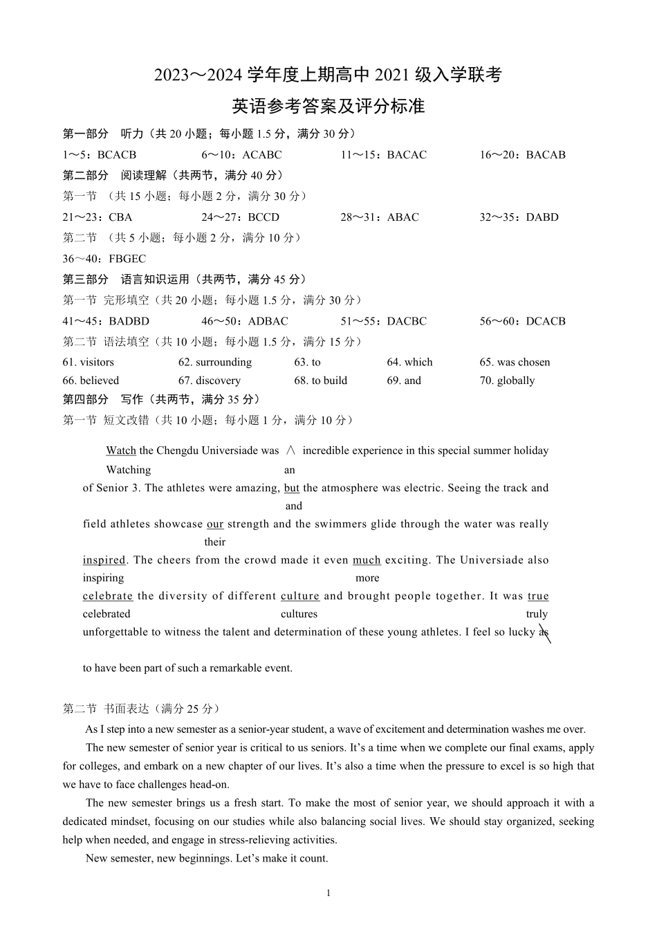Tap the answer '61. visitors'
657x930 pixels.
click(x=88, y=362)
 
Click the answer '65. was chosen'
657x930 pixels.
click(x=515, y=362)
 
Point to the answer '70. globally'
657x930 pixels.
click(x=507, y=381)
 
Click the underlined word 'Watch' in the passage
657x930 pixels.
click(x=121, y=450)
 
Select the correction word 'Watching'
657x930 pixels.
click(x=128, y=470)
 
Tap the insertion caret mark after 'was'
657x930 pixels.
click(x=290, y=450)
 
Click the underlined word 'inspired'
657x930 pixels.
click(x=104, y=560)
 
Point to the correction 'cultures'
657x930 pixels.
click(x=299, y=614)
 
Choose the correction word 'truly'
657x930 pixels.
click(x=537, y=614)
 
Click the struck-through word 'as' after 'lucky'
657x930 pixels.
click(x=544, y=632)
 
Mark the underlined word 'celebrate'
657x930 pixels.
click(x=107, y=596)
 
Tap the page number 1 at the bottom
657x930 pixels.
click(x=328, y=893)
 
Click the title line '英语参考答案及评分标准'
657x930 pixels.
click(x=328, y=106)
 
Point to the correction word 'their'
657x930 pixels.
click(x=215, y=542)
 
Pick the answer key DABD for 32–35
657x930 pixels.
click(x=542, y=217)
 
